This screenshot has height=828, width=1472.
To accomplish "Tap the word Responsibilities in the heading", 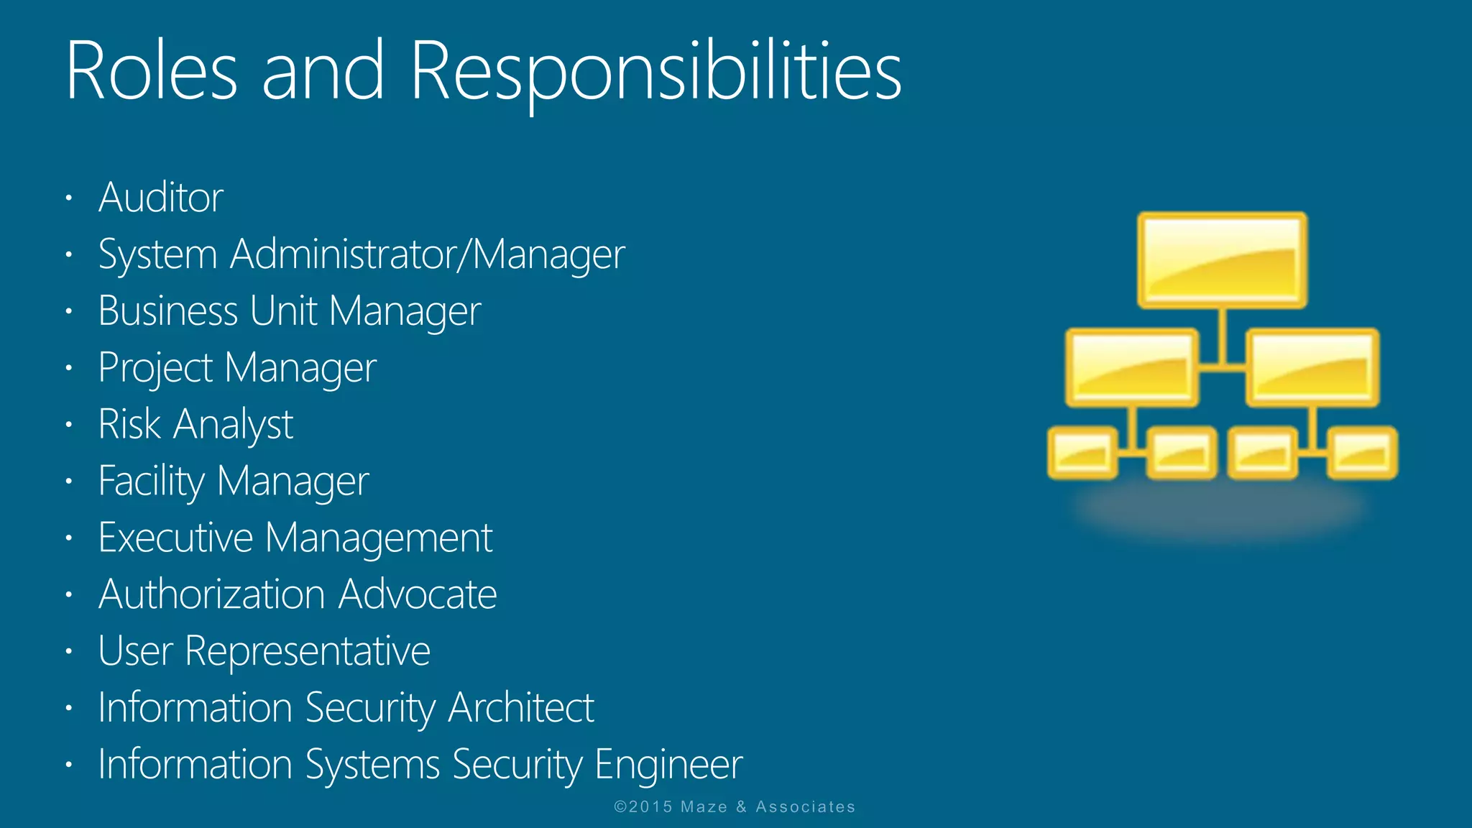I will click(655, 72).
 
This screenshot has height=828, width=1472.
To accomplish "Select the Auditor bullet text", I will click(161, 198).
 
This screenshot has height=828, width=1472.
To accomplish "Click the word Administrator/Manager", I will click(428, 254).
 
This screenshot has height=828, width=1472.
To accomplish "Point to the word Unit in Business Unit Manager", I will click(283, 311).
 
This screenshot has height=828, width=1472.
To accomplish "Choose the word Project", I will click(156, 368).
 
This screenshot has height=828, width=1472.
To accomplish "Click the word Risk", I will click(129, 424).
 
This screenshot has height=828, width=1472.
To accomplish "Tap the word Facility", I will click(152, 481).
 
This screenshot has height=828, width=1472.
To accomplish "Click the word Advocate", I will click(418, 594).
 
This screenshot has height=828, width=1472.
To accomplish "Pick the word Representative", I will click(308, 651).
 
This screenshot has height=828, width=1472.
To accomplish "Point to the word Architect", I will click(521, 708).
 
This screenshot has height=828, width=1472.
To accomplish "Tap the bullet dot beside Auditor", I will click(69, 198).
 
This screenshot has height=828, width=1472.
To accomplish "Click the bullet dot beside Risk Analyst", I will click(69, 424).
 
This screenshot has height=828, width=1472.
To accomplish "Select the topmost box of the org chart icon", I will click(1222, 260).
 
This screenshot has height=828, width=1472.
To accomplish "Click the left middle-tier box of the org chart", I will click(1132, 367).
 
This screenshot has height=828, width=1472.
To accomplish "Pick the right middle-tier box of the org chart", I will click(1312, 367).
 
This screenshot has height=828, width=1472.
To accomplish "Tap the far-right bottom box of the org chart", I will click(1362, 453).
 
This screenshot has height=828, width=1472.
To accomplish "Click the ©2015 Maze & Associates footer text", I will click(735, 807).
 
